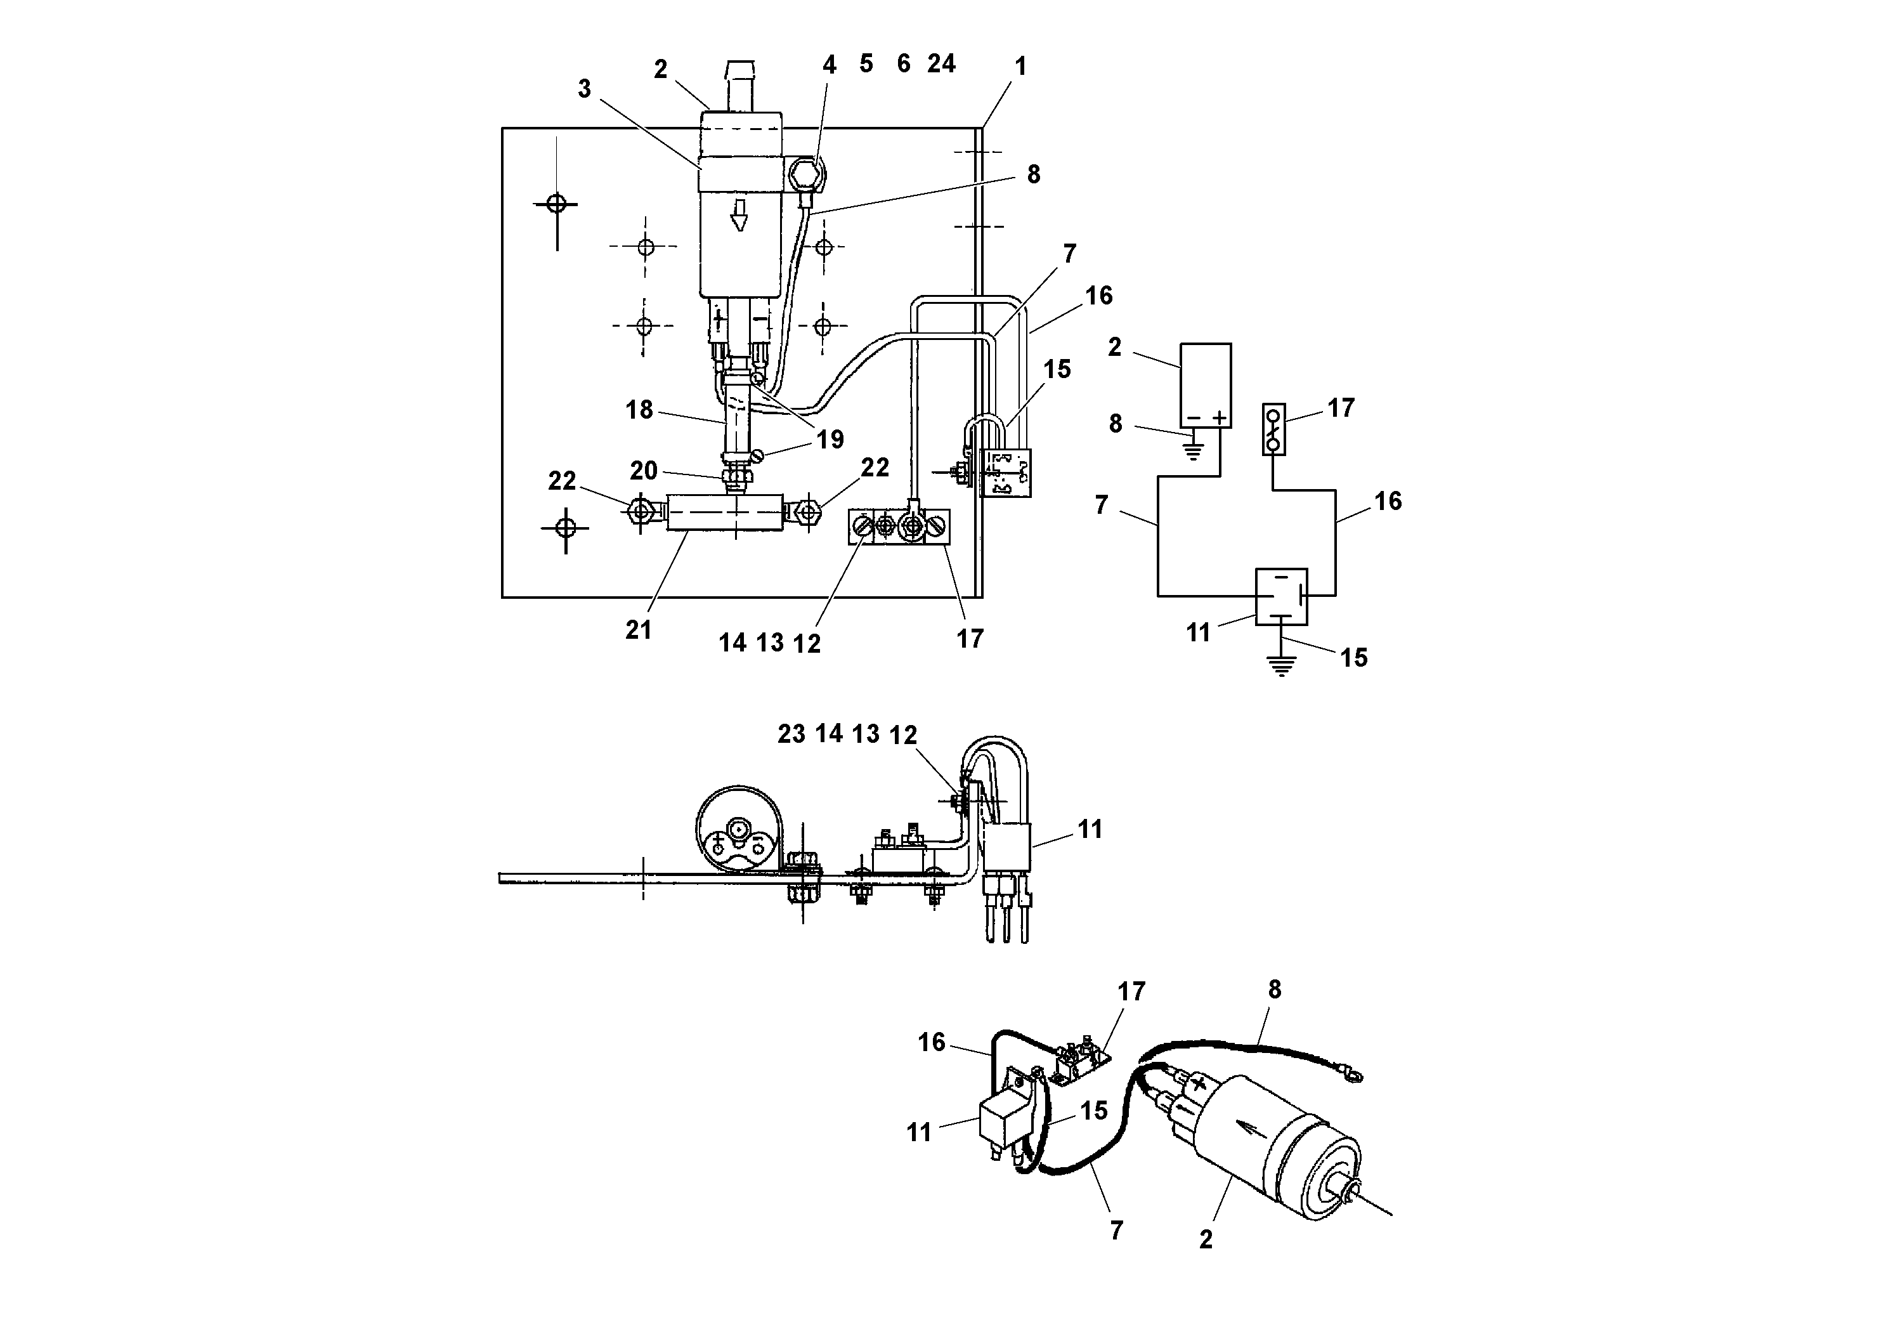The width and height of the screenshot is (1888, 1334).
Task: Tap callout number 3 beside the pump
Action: (584, 89)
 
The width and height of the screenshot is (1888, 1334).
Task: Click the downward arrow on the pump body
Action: (739, 214)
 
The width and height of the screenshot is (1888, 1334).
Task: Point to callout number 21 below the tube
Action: (638, 630)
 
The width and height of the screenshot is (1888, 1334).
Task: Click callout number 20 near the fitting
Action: (643, 471)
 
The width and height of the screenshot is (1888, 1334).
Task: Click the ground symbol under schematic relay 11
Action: (1281, 665)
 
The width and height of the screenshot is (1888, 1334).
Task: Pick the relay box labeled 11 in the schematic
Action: (1280, 596)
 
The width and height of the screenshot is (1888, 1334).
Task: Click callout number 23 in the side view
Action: (791, 734)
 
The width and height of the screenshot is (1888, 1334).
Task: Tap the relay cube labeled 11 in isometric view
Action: (1001, 1120)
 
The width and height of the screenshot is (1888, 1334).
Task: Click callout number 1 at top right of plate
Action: (1020, 67)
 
